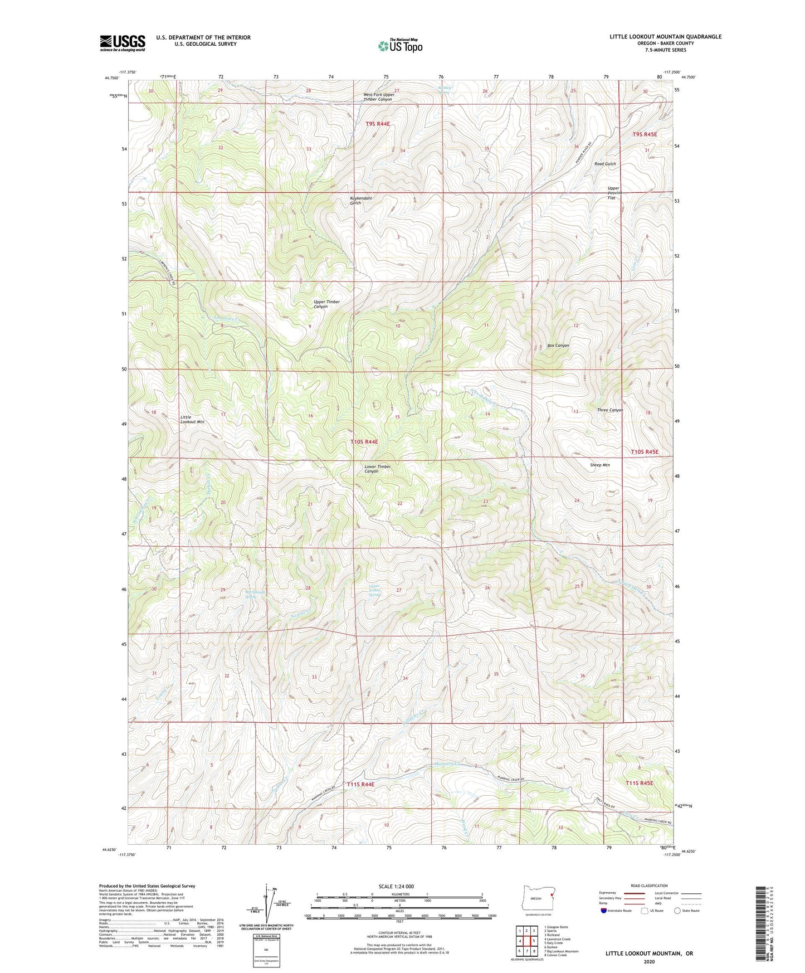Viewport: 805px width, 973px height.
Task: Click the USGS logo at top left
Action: point(123,42)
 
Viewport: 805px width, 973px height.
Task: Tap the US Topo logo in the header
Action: point(399,46)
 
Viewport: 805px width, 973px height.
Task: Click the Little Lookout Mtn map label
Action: point(192,420)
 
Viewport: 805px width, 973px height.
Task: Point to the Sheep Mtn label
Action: point(599,465)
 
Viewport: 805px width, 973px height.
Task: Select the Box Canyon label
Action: point(558,346)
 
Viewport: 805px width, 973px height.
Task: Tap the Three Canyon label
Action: point(609,410)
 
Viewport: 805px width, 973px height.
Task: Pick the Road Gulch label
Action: point(605,164)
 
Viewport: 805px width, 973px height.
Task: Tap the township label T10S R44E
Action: point(364,441)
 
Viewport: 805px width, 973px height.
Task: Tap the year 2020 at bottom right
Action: point(649,961)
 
